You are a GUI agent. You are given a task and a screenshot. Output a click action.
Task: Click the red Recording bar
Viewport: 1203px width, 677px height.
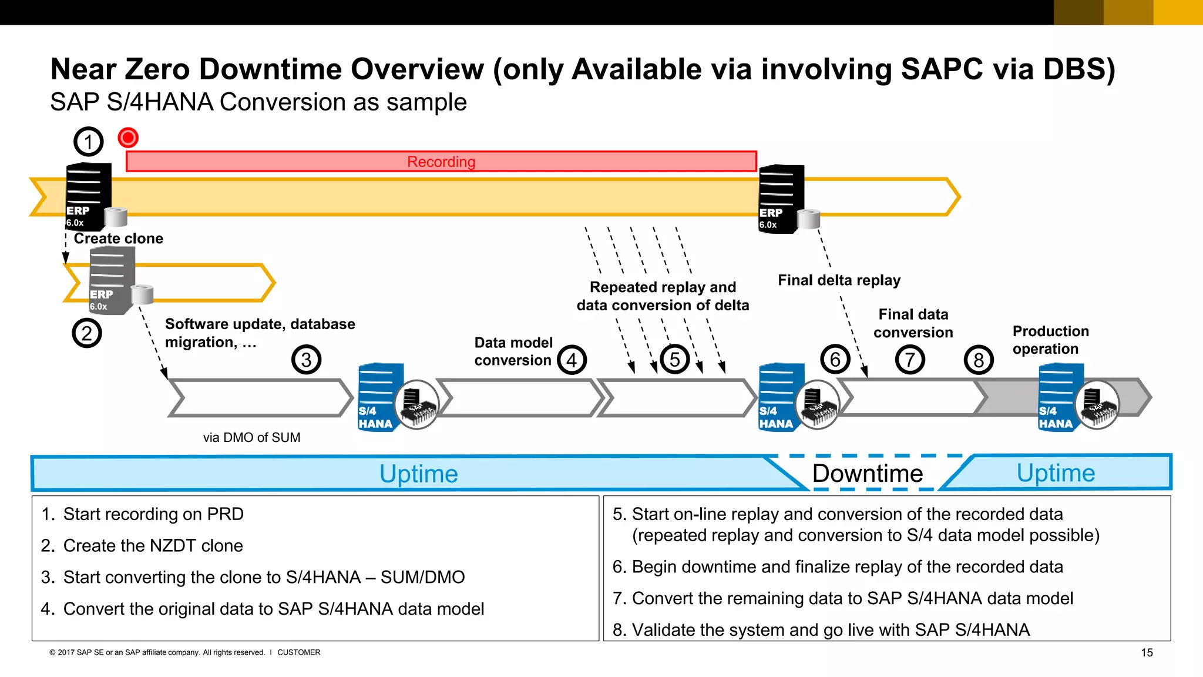point(441,162)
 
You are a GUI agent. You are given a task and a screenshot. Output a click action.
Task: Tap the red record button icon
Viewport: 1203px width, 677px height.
point(127,138)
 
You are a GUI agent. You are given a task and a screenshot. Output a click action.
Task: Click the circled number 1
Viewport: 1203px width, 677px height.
point(88,142)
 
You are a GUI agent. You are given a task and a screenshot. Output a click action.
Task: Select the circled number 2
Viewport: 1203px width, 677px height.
point(87,333)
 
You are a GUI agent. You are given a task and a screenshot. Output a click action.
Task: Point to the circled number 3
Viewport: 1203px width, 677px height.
point(306,360)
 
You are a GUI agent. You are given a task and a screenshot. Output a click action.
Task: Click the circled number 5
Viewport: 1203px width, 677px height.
point(674,360)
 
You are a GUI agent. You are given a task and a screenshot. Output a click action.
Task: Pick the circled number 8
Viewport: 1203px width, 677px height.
point(978,360)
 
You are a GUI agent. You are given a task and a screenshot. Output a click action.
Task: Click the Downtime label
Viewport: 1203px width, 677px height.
point(867,473)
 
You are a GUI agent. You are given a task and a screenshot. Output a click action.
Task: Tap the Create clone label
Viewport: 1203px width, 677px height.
point(118,239)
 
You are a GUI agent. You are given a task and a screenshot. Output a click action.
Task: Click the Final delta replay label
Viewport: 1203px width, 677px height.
point(839,280)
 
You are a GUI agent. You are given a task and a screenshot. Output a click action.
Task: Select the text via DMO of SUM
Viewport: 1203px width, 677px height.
point(251,437)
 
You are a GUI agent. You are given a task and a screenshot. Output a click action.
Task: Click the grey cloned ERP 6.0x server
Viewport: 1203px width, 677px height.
point(112,281)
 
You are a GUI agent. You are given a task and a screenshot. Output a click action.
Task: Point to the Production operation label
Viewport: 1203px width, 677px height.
point(1050,340)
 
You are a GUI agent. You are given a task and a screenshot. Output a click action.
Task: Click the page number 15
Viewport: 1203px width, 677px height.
point(1147,652)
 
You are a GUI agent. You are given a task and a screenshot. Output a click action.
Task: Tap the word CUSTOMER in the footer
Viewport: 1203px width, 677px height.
point(298,652)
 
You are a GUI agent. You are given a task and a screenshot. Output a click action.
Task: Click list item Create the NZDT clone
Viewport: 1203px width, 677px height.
point(153,545)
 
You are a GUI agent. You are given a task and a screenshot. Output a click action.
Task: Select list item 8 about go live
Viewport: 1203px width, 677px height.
point(831,630)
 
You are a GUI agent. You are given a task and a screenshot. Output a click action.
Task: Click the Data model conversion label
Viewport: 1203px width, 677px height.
point(513,351)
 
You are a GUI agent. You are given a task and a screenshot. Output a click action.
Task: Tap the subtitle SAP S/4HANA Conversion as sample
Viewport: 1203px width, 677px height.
point(258,102)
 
